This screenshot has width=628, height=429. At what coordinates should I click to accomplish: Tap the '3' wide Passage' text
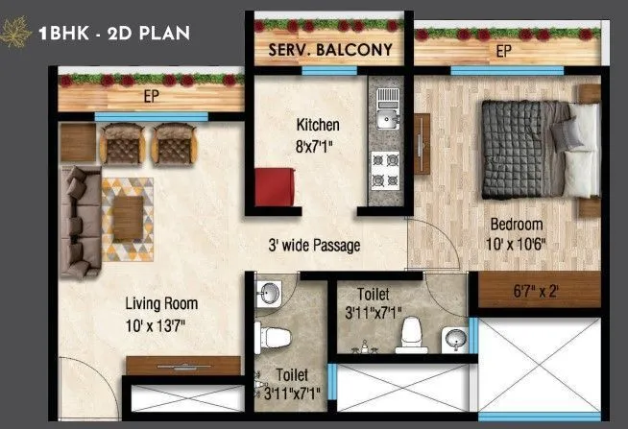[x=314, y=246]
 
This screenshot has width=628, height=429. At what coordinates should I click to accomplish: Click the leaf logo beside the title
[x=16, y=35]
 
